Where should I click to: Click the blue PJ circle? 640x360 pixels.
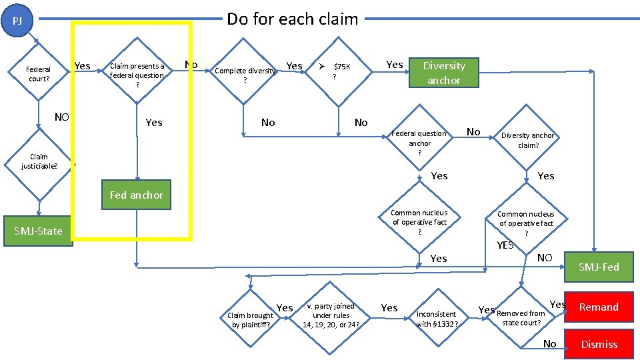click(18, 21)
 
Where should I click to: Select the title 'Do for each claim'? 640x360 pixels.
click(292, 19)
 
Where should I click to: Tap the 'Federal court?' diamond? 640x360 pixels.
click(38, 74)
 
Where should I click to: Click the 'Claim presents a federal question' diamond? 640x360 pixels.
click(137, 75)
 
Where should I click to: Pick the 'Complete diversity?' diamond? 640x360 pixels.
click(245, 75)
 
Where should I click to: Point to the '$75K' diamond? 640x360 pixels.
click(337, 71)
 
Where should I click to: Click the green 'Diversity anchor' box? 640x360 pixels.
click(444, 73)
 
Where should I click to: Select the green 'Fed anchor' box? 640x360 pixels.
click(136, 195)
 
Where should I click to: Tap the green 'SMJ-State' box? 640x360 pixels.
click(38, 231)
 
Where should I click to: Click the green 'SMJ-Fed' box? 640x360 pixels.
click(598, 267)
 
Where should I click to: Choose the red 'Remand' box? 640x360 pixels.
click(598, 307)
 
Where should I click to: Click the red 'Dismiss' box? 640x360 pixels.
click(598, 344)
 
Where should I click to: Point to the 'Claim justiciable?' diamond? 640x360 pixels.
click(39, 161)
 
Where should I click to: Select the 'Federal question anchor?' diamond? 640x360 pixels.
click(419, 143)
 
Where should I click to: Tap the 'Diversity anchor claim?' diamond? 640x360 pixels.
click(527, 140)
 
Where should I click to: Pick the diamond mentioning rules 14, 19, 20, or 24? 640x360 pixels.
click(331, 315)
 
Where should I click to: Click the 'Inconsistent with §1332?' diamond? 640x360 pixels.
click(437, 319)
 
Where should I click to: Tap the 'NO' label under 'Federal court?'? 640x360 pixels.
click(61, 117)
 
